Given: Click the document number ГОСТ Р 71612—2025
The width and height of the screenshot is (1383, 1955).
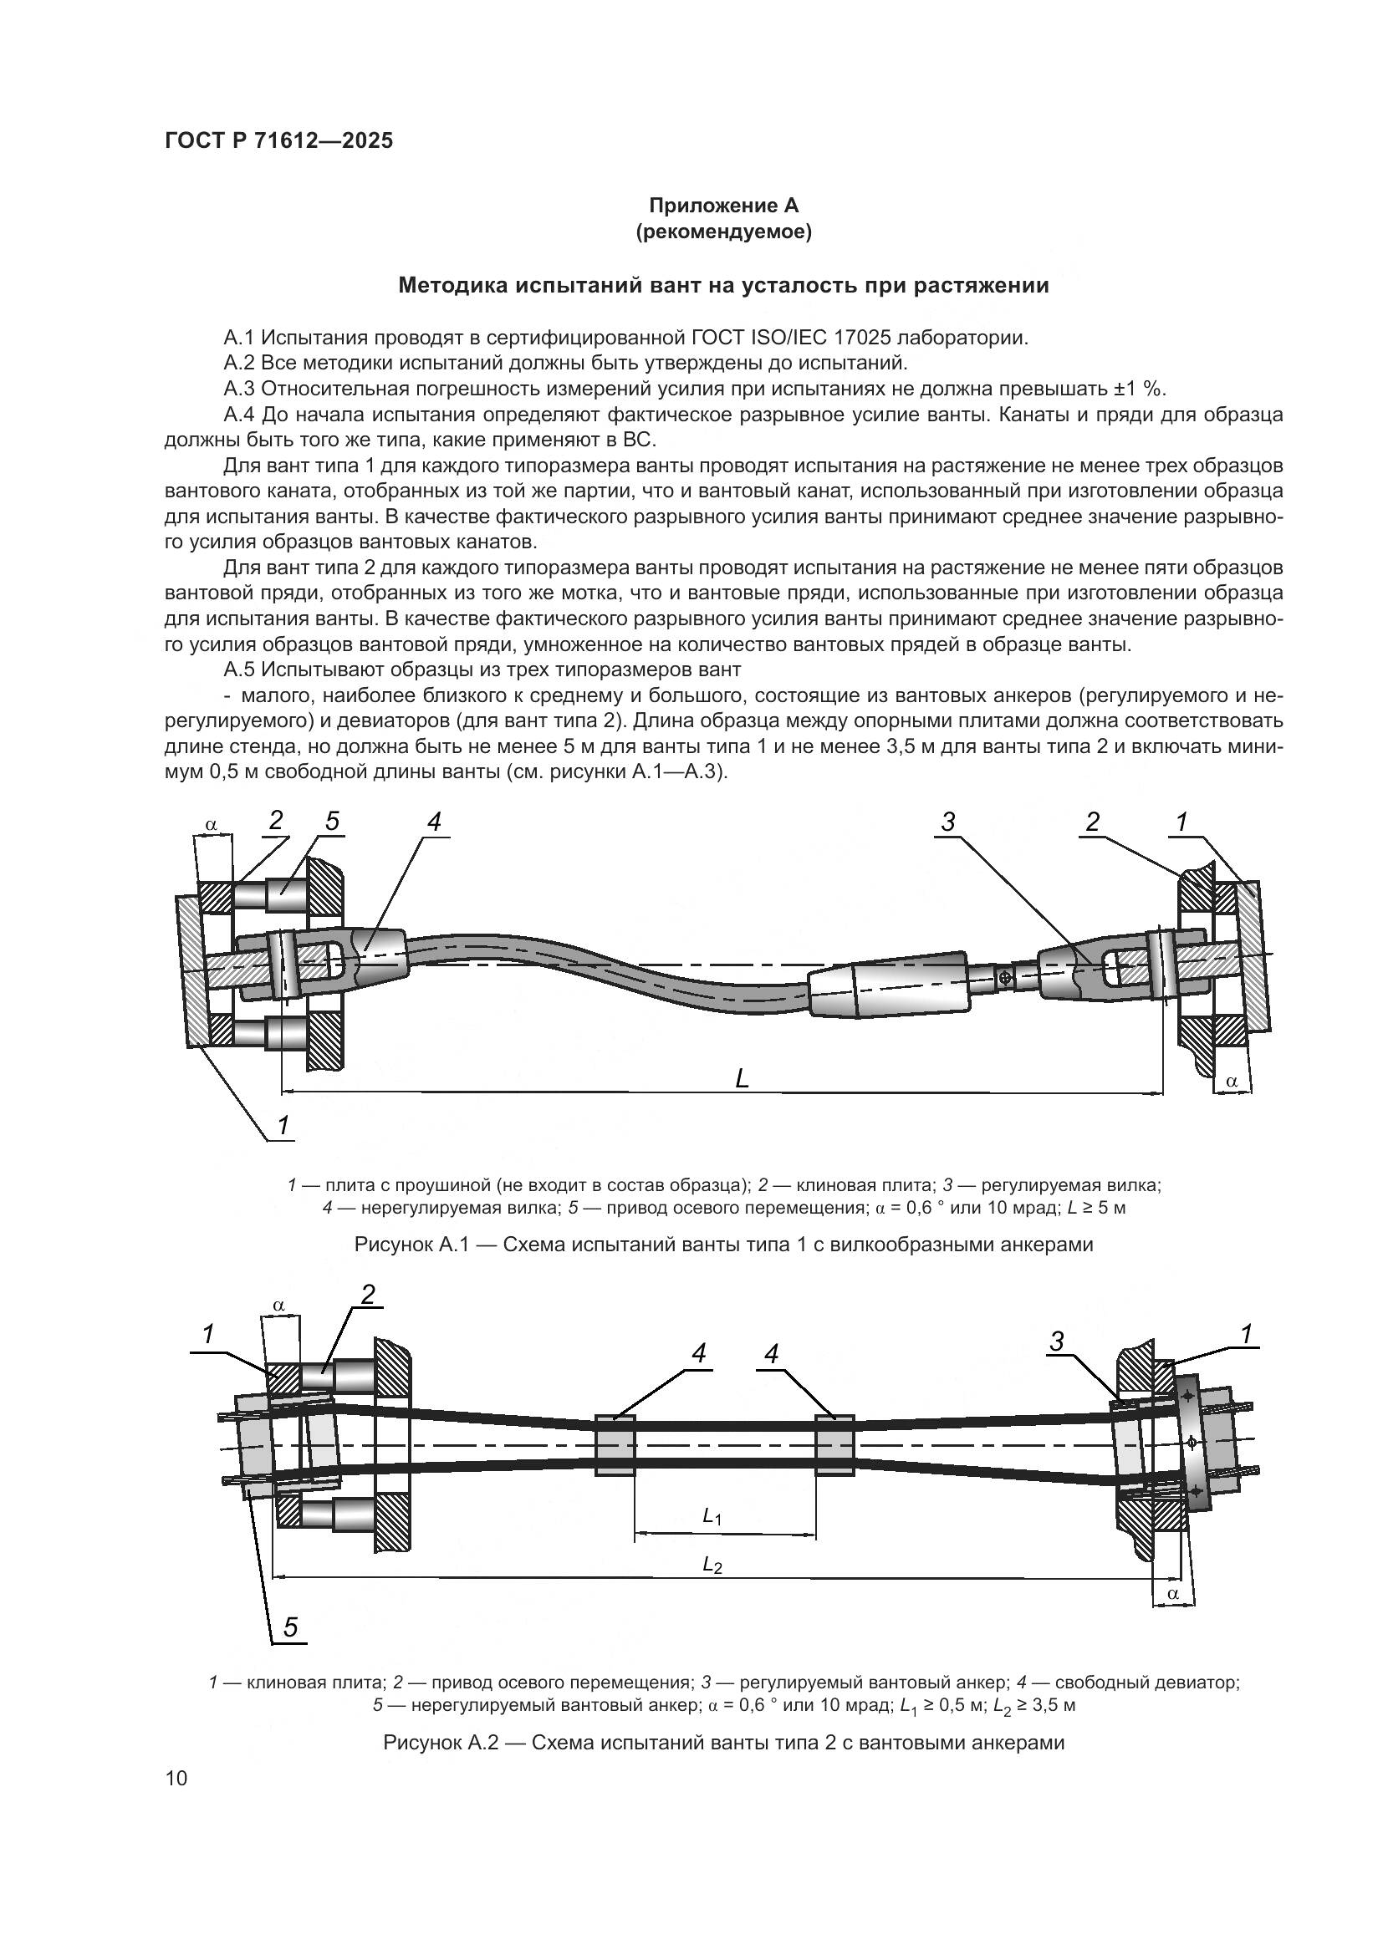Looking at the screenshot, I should tap(278, 140).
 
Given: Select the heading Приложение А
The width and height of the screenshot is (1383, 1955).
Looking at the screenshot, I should tap(723, 206).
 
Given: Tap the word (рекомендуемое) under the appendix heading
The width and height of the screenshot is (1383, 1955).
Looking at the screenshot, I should tap(723, 232).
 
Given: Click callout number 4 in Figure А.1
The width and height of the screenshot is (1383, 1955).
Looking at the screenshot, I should tap(434, 822).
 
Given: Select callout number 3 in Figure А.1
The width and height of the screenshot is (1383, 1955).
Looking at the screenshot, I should tap(948, 822).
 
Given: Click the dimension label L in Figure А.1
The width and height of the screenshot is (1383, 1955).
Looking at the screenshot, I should tap(742, 1080).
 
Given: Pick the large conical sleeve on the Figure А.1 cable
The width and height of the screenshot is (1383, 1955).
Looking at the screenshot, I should tap(888, 984).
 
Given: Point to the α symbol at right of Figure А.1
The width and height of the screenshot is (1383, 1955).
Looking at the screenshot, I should tap(1232, 1081).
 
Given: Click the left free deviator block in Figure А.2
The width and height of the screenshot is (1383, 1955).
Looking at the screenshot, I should tap(614, 1446).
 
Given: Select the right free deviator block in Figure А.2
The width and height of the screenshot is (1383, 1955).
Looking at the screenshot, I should tap(834, 1446).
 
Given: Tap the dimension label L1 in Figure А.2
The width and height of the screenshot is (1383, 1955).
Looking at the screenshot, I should tap(712, 1515).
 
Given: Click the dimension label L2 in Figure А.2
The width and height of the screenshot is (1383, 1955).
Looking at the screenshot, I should tap(712, 1564).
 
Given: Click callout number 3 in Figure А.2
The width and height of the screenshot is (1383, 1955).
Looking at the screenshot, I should tap(1056, 1342).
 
